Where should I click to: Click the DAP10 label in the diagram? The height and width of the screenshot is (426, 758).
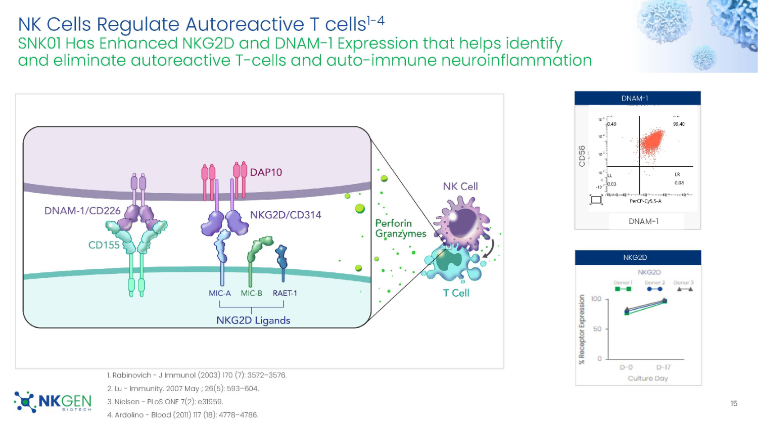click(x=266, y=172)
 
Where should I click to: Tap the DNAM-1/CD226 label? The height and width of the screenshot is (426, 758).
click(x=82, y=211)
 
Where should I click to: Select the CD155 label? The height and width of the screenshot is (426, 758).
click(x=104, y=245)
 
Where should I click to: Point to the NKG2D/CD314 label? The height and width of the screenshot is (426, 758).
click(x=286, y=215)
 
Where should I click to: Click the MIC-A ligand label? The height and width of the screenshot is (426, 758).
click(x=220, y=293)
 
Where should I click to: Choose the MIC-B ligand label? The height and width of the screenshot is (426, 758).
click(x=251, y=293)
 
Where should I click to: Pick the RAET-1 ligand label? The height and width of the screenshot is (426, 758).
click(x=285, y=293)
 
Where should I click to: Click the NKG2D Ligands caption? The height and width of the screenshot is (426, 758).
click(x=253, y=320)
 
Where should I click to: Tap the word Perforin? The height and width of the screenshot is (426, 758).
click(x=393, y=223)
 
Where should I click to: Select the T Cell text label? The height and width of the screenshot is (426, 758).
click(x=456, y=293)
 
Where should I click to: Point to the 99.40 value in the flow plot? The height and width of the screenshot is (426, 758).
click(x=679, y=124)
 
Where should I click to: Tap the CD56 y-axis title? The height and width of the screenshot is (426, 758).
click(x=582, y=156)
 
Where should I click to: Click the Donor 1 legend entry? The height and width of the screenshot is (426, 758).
click(x=623, y=286)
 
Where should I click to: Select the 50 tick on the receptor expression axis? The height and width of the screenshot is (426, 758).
click(x=597, y=329)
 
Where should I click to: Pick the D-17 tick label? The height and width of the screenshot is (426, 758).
click(x=664, y=367)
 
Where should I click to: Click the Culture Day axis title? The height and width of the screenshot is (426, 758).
click(x=648, y=378)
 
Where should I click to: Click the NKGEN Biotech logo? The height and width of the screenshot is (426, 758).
click(x=53, y=402)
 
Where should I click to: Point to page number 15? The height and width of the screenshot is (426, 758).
click(x=734, y=403)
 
